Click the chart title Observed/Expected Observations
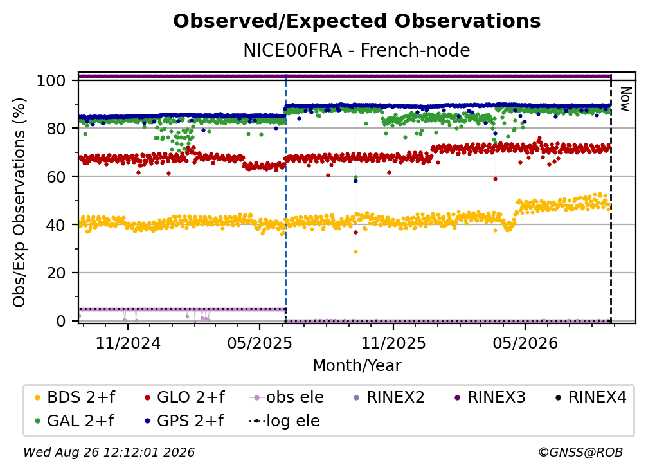[x=357, y=21]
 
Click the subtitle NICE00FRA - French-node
[x=357, y=50]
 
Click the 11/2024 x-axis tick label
[x=128, y=343]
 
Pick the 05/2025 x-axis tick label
[x=260, y=343]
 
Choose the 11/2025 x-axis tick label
[x=393, y=343]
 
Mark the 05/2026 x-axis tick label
[x=525, y=343]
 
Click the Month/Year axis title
[x=357, y=366]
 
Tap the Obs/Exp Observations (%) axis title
[x=19, y=203]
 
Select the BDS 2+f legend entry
[x=75, y=397]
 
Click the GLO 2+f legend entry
[x=184, y=397]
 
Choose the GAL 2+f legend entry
[x=74, y=421]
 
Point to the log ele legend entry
[x=284, y=421]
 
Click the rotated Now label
[x=625, y=99]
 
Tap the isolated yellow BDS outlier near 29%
[x=356, y=251]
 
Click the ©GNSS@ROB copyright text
[x=580, y=453]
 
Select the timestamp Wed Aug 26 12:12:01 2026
[x=109, y=453]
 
